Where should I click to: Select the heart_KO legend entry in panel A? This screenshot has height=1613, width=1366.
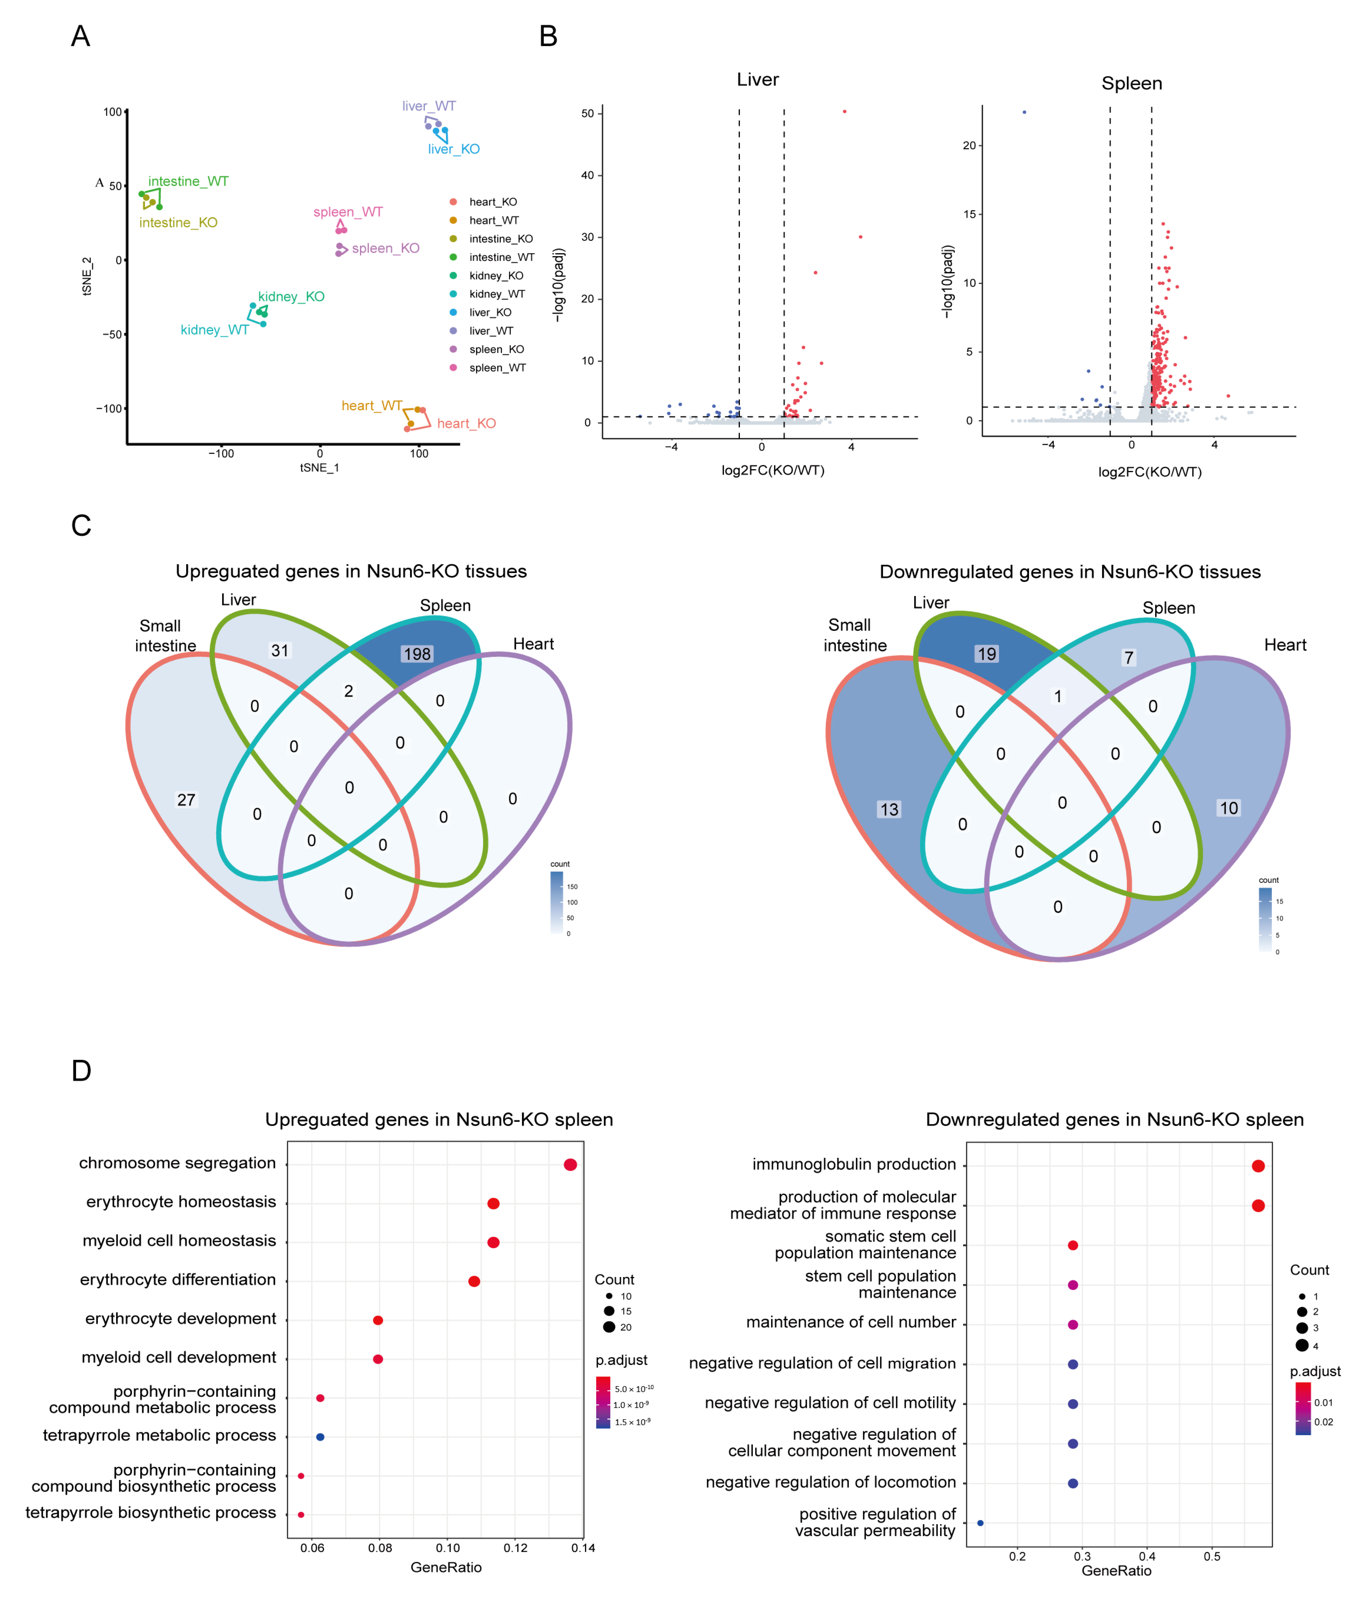[493, 202]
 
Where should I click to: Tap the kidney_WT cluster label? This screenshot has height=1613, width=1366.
[214, 330]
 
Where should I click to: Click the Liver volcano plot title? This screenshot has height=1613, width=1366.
[757, 80]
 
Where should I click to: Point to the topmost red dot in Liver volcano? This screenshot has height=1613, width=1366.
[844, 112]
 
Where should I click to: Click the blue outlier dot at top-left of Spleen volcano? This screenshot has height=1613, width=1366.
[1024, 112]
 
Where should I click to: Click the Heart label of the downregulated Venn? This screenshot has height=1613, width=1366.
[1285, 645]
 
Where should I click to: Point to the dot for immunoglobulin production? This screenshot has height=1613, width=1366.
[1258, 1166]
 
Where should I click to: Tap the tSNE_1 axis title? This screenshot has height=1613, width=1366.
[319, 468]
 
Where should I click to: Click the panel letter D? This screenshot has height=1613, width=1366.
[81, 1071]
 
